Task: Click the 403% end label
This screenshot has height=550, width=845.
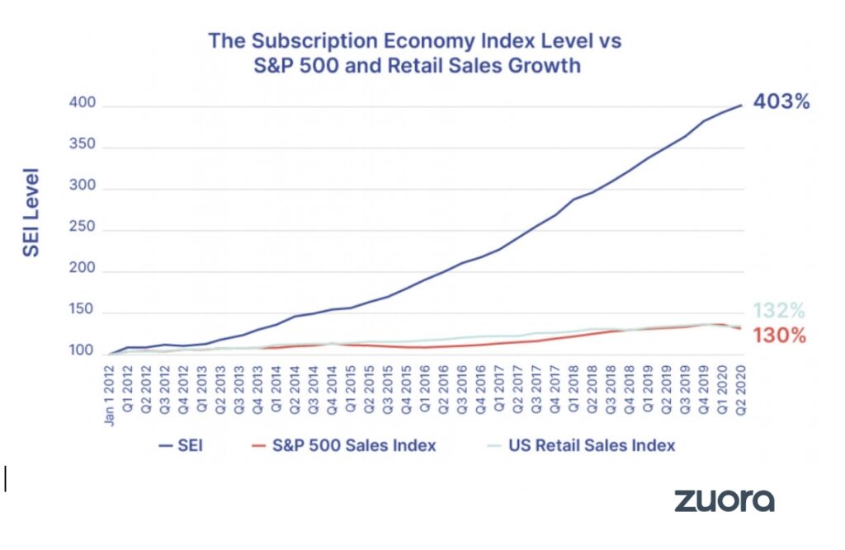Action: coord(781,104)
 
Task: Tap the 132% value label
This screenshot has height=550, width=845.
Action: coord(778,311)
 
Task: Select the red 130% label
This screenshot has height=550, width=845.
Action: coord(778,336)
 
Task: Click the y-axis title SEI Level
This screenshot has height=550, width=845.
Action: coord(31,214)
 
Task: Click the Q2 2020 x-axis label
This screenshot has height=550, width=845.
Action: coord(741,384)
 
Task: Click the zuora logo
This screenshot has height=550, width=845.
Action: coord(724,501)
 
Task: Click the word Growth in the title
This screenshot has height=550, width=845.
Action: coord(549,65)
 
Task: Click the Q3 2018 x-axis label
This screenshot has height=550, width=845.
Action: coord(611,384)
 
